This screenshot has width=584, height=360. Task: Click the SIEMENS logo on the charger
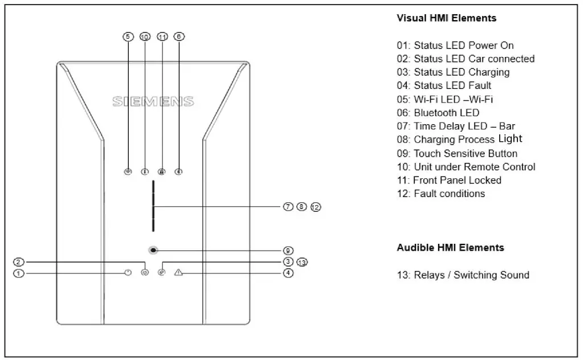point(153,102)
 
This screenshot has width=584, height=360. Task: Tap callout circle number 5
point(128,36)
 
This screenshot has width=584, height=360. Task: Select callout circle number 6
point(179,36)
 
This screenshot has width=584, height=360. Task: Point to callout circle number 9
point(288,250)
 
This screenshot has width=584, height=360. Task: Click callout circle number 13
point(302,262)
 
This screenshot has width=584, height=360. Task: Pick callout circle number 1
point(19,273)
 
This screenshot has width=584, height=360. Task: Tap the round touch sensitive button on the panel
point(153,250)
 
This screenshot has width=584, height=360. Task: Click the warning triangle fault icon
point(179,273)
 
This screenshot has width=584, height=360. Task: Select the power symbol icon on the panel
point(128,273)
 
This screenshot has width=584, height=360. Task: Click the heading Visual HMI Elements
point(446,18)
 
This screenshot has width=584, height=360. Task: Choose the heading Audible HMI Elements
point(450,248)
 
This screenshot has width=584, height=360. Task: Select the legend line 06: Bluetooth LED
point(438,113)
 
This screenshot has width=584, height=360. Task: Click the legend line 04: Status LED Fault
point(444,85)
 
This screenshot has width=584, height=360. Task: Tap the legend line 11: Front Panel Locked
point(449,180)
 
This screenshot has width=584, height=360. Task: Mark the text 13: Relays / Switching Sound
point(463,275)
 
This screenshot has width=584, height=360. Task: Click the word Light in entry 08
point(510,138)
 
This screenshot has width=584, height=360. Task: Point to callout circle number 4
point(288,273)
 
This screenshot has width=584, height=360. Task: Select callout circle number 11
point(162,36)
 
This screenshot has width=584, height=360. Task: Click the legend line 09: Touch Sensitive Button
point(457,153)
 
